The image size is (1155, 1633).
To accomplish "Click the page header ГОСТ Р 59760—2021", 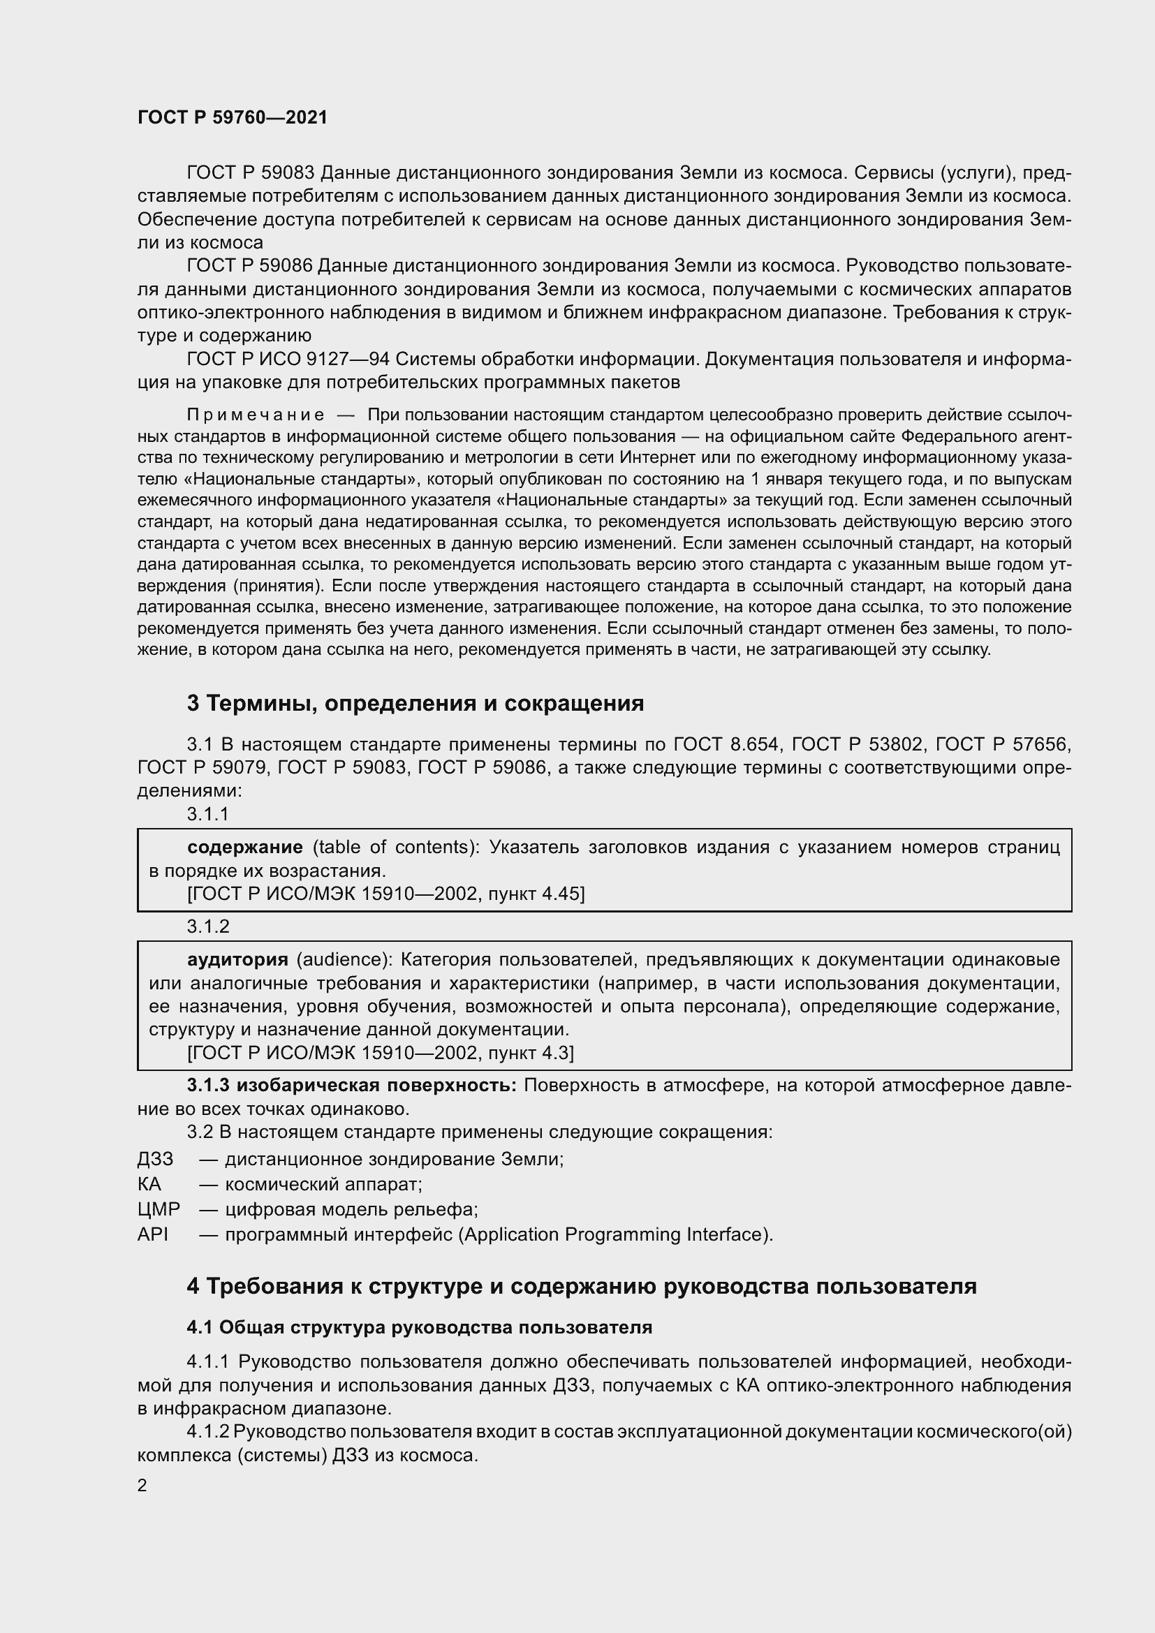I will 233,118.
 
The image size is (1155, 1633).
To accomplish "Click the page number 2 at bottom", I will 142,1486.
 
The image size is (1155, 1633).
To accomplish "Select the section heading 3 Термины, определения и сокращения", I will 415,704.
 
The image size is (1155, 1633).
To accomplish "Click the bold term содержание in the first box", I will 244,847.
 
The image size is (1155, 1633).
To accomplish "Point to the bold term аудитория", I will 237,959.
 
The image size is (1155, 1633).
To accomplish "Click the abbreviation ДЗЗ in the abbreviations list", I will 155,1160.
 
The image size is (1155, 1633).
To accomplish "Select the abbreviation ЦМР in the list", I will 159,1209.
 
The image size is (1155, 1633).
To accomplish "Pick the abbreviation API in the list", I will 153,1234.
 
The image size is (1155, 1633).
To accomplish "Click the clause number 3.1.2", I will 208,926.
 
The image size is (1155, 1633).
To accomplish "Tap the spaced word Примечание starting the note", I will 256,415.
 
